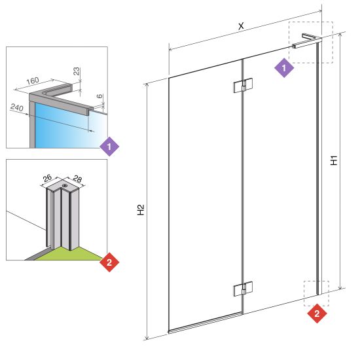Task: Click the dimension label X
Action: pos(241,26)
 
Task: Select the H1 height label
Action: pos(334,160)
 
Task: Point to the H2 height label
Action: pos(141,209)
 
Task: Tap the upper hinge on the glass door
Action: pos(243,85)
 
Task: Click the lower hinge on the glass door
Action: pos(243,289)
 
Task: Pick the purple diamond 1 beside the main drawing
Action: pos(284,68)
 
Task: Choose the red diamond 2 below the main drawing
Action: pos(317,314)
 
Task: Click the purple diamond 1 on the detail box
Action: pos(109,147)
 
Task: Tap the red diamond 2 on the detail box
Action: pos(109,262)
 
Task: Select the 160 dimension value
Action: pos(33,81)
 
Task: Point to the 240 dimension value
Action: pos(17,107)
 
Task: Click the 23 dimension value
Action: pos(77,71)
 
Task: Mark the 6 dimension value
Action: pos(99,96)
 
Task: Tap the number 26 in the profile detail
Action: pos(47,178)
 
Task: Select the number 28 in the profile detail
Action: pos(77,179)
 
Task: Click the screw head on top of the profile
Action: pos(65,185)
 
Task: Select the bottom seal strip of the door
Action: pos(206,323)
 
